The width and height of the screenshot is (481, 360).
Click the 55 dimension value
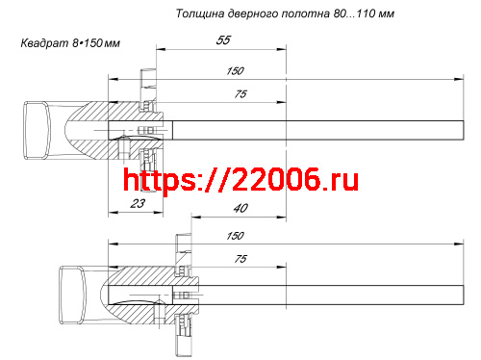click(x=222, y=41)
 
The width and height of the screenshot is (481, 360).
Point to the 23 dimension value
click(x=137, y=203)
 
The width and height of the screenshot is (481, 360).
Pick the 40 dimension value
click(x=240, y=208)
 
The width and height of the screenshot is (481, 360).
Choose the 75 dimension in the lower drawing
click(x=240, y=259)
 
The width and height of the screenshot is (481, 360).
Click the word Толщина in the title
click(x=201, y=14)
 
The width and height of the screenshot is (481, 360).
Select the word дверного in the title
click(x=257, y=14)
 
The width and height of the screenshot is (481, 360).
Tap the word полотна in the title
click(x=316, y=14)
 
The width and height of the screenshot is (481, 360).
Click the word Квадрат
click(x=42, y=44)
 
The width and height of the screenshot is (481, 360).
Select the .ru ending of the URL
click(x=338, y=179)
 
